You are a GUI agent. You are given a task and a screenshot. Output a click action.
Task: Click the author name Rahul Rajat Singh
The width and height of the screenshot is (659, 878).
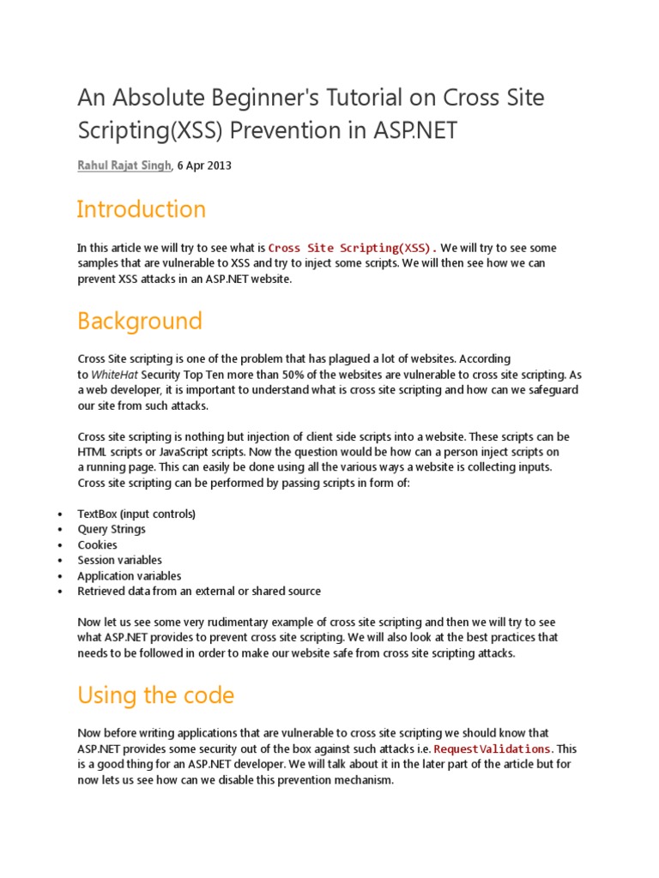point(124,165)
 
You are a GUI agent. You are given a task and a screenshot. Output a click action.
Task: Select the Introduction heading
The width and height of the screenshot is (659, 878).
point(142,209)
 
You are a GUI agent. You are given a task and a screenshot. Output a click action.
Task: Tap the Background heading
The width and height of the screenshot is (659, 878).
point(140,322)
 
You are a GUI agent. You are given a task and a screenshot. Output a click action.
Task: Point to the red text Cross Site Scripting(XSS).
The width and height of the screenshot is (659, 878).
point(352,248)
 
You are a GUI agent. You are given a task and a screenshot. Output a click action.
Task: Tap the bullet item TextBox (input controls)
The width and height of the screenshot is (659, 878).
point(136,514)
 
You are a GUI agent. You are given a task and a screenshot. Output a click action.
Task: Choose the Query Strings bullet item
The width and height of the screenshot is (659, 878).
point(112,529)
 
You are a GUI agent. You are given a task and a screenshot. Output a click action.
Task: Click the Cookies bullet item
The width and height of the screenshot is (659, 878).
point(97,544)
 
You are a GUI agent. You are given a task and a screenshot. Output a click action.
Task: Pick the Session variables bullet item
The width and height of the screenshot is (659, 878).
point(119,560)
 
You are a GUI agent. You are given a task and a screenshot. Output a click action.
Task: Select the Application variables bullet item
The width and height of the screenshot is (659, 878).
point(129,576)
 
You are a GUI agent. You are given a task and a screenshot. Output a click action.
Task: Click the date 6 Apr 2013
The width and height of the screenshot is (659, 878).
point(204,165)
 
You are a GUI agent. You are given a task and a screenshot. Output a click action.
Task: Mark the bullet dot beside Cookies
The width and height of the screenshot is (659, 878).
point(58,545)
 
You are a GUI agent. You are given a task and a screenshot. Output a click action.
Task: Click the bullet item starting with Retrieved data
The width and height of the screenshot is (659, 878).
point(199,592)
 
